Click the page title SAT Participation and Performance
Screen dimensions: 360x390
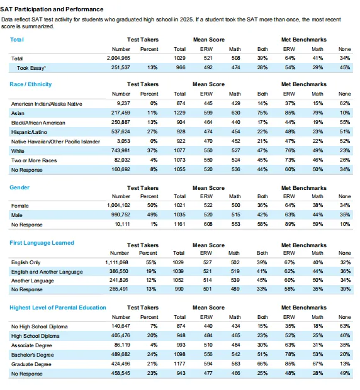pos(52,9)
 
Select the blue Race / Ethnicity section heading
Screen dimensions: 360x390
pos(31,84)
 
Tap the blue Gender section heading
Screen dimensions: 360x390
pos(20,187)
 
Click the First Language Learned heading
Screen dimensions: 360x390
pos(42,243)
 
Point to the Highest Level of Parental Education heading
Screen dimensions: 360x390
pos(58,308)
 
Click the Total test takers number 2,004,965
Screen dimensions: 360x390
pos(118,58)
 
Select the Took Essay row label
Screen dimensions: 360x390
pos(31,68)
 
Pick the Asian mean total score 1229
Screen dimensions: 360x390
pos(179,113)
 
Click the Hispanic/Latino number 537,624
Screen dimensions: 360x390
pos(120,131)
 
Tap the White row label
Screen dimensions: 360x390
pos(18,151)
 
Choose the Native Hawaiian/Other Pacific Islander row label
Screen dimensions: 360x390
pos(55,142)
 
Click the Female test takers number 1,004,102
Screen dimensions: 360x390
pos(118,206)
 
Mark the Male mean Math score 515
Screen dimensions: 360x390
pos(235,215)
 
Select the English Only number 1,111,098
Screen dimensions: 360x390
pos(116,262)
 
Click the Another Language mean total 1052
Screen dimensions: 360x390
pos(178,281)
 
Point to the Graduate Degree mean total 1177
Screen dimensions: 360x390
pos(179,364)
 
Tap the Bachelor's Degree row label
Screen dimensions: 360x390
pos(32,355)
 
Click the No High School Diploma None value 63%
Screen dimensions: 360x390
pos(345,326)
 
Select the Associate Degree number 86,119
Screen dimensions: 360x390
pos(122,345)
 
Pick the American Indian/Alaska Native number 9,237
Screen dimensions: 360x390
pos(123,103)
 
